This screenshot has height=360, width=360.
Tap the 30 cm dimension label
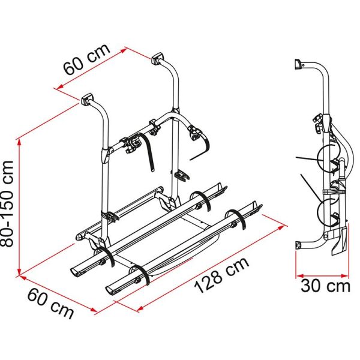coord(324,285)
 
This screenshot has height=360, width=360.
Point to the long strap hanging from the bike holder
coord(149,153)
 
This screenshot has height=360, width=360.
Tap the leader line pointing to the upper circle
coord(311,159)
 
